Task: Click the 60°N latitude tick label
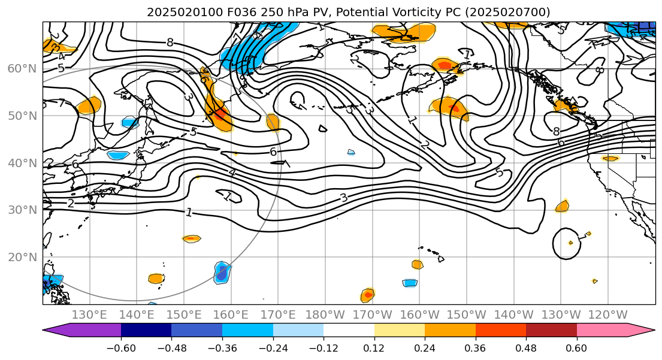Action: (x=21, y=68)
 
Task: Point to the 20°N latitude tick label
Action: (x=21, y=257)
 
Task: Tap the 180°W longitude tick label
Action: (x=325, y=315)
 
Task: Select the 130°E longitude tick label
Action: (x=89, y=315)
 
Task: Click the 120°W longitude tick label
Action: (x=608, y=315)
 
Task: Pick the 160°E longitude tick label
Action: (x=231, y=315)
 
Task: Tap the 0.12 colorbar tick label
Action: (x=374, y=348)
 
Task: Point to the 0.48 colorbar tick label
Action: (x=526, y=348)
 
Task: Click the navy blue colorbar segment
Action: (x=146, y=330)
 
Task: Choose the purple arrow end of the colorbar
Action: (x=57, y=330)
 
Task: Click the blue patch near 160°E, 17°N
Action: (x=222, y=273)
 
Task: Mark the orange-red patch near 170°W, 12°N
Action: (x=368, y=294)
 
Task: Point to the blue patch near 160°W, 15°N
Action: (x=410, y=283)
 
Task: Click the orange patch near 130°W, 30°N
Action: (x=562, y=207)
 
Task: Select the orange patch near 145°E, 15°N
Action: (x=156, y=279)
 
